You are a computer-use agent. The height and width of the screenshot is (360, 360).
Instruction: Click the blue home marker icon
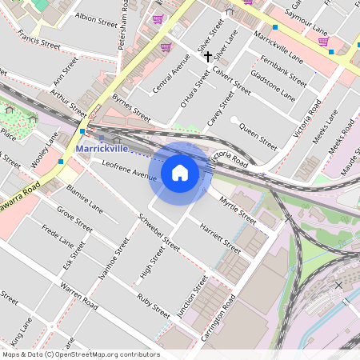coord(180,173)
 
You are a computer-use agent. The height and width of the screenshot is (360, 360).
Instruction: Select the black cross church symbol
coord(208,57)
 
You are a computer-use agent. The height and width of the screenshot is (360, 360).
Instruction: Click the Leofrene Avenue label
coord(129,170)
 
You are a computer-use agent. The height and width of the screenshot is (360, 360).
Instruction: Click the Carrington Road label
coord(218,319)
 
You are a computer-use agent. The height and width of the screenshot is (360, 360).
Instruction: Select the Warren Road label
coord(78,296)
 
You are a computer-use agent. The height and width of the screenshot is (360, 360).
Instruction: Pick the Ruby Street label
coord(153,305)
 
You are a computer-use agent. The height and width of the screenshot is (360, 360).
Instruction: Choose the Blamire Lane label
coord(85,198)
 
